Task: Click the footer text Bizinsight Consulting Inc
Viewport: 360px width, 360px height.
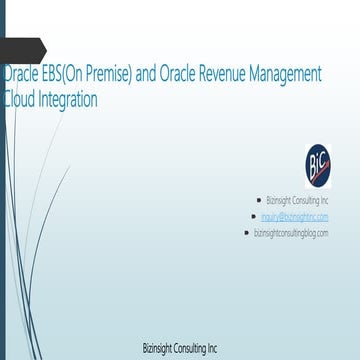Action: pos(180,349)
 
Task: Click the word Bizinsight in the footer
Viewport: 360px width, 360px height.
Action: pos(158,349)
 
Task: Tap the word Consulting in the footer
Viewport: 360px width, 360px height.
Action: pos(189,349)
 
